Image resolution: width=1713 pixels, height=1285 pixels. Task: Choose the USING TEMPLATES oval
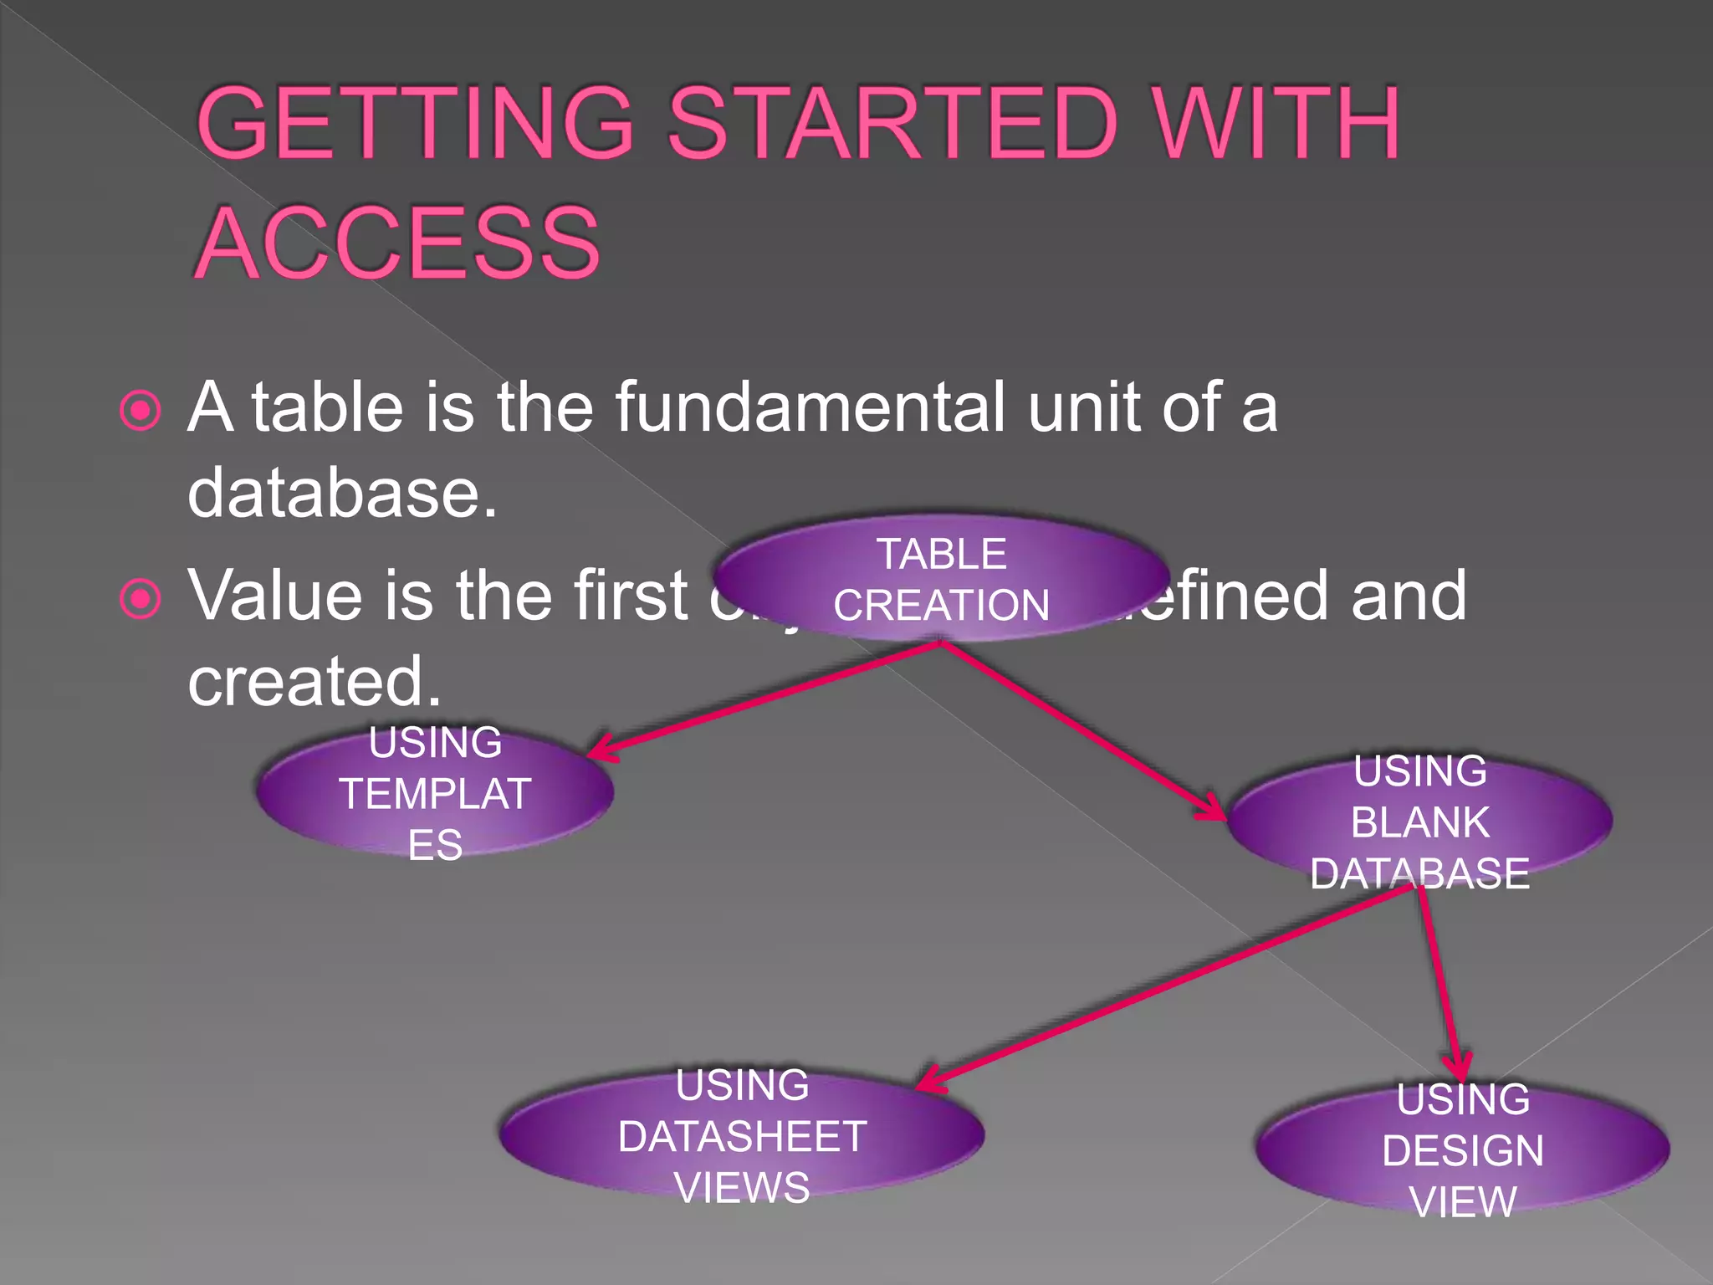pyautogui.click(x=435, y=792)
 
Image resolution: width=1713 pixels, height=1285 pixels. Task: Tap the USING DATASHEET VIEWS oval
pyautogui.click(x=742, y=1135)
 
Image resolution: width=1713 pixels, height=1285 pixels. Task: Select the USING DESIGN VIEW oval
pyautogui.click(x=1463, y=1149)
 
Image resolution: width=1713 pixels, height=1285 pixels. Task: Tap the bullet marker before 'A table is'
pyautogui.click(x=140, y=410)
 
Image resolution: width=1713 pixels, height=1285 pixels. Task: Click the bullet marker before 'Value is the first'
pyautogui.click(x=140, y=598)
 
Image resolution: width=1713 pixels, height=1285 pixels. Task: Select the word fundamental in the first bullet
pyautogui.click(x=810, y=407)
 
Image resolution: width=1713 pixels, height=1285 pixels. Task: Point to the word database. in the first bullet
pyautogui.click(x=342, y=492)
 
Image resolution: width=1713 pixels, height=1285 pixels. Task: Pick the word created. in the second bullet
pyautogui.click(x=314, y=681)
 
